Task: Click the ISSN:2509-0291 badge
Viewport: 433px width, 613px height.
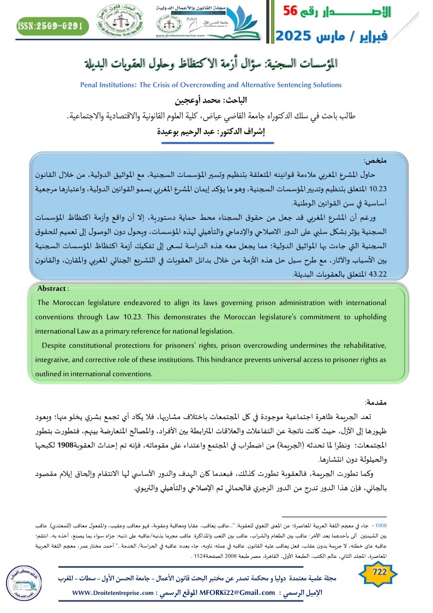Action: point(50,26)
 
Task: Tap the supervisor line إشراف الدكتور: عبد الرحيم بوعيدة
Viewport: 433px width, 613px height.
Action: point(217,131)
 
